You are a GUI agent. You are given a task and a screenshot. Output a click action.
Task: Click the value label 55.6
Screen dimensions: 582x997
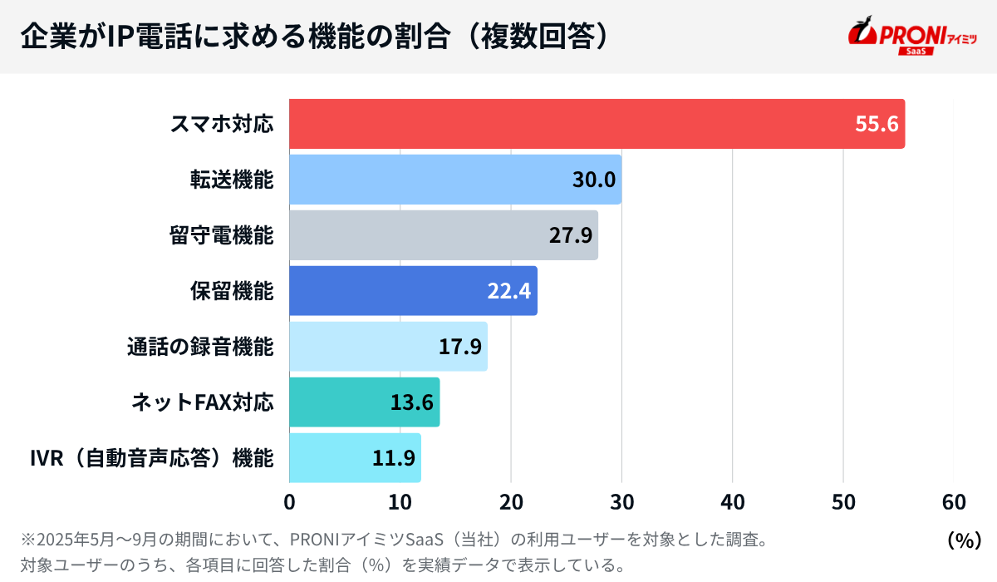[877, 124]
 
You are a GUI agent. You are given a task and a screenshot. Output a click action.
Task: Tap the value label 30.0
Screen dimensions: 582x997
[594, 180]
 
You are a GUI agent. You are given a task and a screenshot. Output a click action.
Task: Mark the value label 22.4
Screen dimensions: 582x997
[509, 291]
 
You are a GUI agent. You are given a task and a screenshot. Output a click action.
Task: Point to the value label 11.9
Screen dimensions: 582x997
[393, 458]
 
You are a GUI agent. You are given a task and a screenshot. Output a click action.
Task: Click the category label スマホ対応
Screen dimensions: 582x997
[221, 124]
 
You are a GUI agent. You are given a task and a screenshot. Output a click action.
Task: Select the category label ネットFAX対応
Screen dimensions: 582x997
[202, 402]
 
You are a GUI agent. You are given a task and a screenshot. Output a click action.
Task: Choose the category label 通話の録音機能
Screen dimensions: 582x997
[199, 347]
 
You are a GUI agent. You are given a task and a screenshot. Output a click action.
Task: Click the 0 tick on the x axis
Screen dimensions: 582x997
[289, 502]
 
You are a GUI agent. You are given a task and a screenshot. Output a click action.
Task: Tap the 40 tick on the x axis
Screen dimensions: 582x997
[732, 502]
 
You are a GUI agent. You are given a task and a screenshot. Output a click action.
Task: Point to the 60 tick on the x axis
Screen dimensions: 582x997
[954, 502]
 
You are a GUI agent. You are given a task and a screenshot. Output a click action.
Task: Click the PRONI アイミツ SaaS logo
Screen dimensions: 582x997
[911, 37]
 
